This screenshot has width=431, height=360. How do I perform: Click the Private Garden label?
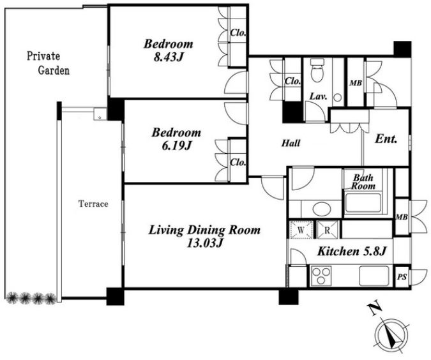(48, 63)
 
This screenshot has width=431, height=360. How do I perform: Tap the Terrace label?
(93, 204)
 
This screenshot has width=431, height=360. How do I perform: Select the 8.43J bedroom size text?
(168, 57)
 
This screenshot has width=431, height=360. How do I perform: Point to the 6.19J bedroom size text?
(176, 146)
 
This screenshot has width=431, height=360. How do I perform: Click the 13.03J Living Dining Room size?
(204, 243)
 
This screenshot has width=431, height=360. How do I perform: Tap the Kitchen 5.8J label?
(352, 251)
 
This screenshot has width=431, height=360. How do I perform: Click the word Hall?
(291, 143)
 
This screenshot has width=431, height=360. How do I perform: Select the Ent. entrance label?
(386, 139)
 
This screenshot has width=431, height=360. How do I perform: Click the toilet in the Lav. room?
(317, 71)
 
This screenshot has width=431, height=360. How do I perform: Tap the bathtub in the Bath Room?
(363, 204)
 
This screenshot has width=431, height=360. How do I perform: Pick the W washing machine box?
(301, 230)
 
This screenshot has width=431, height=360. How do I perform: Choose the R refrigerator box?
(327, 230)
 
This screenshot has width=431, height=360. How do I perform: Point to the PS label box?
(402, 276)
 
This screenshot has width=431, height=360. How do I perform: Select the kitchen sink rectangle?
(374, 276)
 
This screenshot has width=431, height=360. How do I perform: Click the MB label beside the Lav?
(356, 83)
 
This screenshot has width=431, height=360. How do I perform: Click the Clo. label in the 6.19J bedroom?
(238, 162)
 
